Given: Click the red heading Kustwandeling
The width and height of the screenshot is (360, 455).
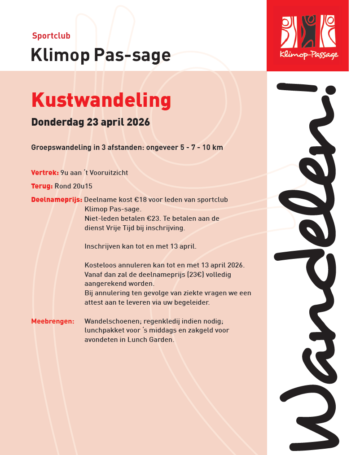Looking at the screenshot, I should [x=101, y=101].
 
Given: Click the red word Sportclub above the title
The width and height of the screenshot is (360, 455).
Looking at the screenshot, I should [x=51, y=36].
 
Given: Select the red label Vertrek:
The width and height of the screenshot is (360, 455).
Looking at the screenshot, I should [x=45, y=172].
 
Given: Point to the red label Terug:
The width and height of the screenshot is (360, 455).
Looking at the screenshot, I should [x=42, y=186].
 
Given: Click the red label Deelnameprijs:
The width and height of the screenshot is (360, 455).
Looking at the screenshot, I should [x=57, y=199].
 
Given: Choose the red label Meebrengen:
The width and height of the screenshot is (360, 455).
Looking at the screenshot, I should [x=53, y=321].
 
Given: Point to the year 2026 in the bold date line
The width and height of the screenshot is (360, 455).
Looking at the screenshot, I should [x=138, y=122].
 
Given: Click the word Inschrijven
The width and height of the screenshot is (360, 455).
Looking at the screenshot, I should [x=101, y=246].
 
